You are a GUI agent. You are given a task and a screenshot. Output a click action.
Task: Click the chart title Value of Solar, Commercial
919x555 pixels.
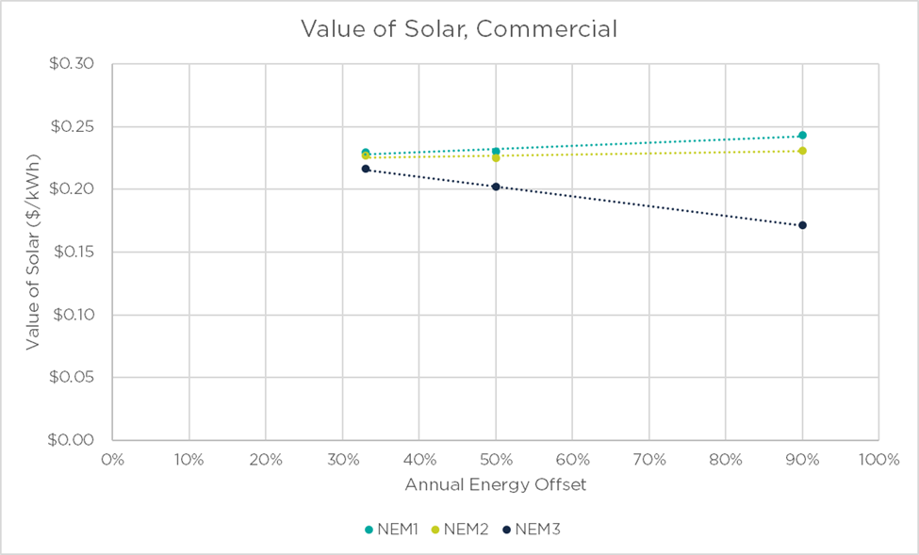point(459,29)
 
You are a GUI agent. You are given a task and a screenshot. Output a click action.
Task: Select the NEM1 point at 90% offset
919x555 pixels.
point(802,136)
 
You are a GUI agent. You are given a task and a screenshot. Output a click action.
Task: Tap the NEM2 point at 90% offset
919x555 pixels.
point(802,151)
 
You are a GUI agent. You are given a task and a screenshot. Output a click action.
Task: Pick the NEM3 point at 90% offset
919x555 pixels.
point(802,225)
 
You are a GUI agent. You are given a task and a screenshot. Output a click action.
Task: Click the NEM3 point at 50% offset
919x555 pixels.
point(496,187)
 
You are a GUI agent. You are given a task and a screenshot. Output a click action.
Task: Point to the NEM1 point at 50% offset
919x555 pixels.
point(496,151)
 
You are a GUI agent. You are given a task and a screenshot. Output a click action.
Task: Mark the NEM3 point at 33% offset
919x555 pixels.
point(366,169)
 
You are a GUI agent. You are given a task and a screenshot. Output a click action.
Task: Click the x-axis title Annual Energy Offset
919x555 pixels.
point(496,485)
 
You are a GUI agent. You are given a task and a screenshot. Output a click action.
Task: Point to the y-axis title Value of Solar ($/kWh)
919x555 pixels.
point(33,253)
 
